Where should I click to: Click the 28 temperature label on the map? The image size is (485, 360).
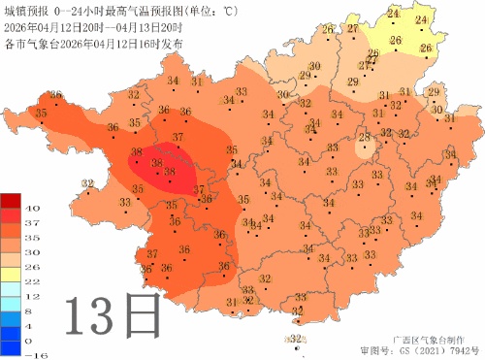click(365, 139)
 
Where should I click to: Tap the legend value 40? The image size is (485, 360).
click(32, 209)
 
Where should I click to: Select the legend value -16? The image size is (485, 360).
click(32, 355)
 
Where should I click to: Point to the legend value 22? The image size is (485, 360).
click(32, 281)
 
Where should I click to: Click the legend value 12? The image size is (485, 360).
click(32, 296)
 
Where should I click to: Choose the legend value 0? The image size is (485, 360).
click(32, 341)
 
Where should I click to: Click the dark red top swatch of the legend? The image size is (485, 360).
click(13, 200)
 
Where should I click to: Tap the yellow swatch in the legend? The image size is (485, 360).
click(13, 274)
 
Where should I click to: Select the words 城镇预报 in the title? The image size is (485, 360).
click(27, 10)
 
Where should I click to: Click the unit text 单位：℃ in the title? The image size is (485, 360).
click(211, 10)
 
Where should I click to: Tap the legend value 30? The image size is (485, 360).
click(32, 252)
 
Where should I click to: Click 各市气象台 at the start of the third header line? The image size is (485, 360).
click(27, 43)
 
